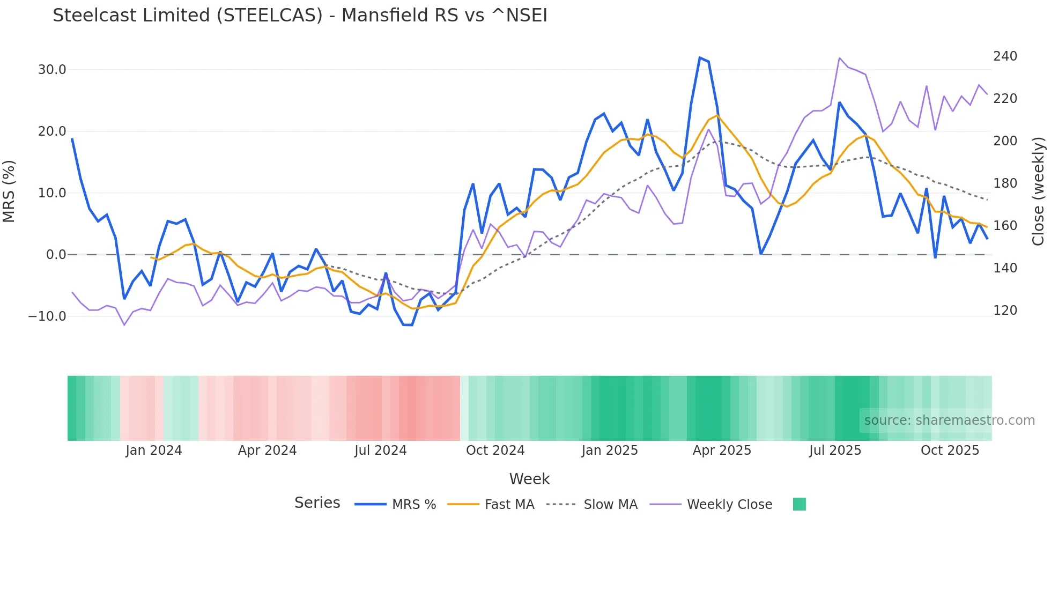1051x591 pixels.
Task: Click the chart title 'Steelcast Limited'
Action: point(300,16)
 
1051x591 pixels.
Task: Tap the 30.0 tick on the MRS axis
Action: point(52,70)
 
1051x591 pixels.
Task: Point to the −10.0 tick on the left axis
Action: point(48,316)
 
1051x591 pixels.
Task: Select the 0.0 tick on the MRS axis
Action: point(56,255)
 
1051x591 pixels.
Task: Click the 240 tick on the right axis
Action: point(1005,56)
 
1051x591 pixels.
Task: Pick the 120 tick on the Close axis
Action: point(1005,311)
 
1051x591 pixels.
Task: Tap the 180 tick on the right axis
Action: point(1005,183)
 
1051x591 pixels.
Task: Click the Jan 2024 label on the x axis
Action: point(154,450)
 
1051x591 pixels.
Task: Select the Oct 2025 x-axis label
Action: point(950,450)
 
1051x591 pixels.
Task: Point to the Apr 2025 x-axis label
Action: point(722,450)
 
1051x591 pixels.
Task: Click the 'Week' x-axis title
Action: point(529,479)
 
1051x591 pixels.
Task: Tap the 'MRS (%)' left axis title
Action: point(9,191)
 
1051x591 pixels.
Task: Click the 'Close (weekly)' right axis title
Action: point(1038,191)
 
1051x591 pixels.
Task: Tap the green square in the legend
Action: point(799,504)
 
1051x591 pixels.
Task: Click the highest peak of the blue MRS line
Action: point(700,57)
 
